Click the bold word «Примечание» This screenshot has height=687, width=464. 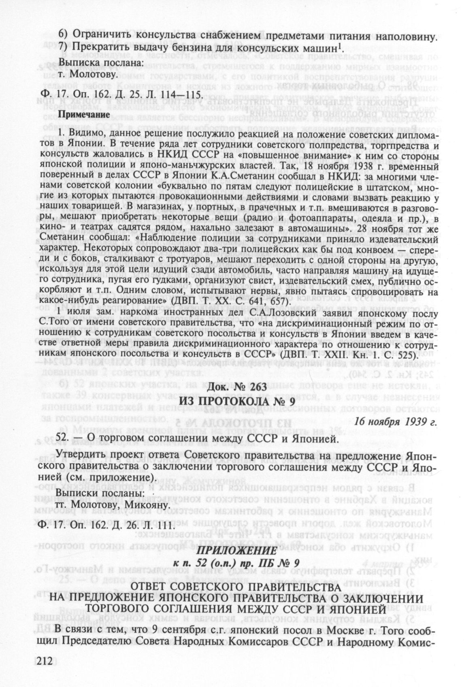[82, 114]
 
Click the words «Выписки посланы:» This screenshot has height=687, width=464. [100, 495]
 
